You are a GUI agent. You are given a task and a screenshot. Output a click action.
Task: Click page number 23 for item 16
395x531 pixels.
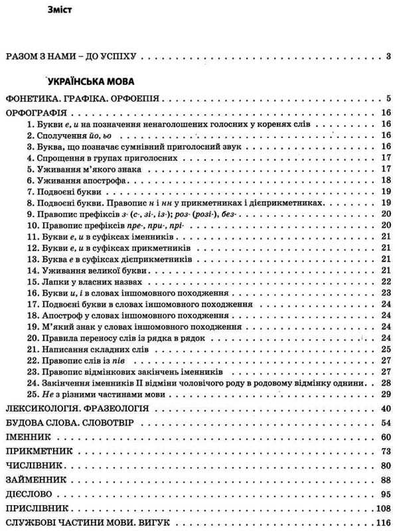tap(384, 293)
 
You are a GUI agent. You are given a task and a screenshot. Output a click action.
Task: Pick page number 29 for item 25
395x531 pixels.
tap(384, 394)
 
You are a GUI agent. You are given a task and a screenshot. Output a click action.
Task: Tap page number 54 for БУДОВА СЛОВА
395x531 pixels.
tap(384, 422)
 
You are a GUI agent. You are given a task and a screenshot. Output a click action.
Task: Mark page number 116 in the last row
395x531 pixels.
tap(382, 523)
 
